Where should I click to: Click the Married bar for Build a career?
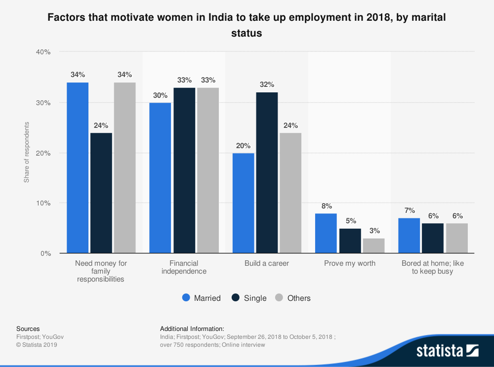pos(243,203)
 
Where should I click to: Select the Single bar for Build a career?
pos(267,173)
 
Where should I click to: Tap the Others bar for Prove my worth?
pos(373,245)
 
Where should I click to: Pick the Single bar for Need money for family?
pos(101,193)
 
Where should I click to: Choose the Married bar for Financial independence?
pos(160,178)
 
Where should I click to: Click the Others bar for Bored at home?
pos(456,238)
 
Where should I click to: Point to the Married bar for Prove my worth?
pos(326,233)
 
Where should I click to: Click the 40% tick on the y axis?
pos(44,52)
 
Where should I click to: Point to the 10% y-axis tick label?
pos(44,203)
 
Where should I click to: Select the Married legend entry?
pos(202,298)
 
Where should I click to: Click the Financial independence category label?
pos(184,267)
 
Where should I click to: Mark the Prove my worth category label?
pos(350,263)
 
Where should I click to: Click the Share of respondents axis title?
pos(27,152)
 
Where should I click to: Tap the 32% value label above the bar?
pos(267,84)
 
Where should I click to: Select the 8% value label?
pos(326,206)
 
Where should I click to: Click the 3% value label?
pos(373,231)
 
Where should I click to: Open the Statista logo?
pos(448,351)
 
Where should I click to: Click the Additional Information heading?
pos(192,328)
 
